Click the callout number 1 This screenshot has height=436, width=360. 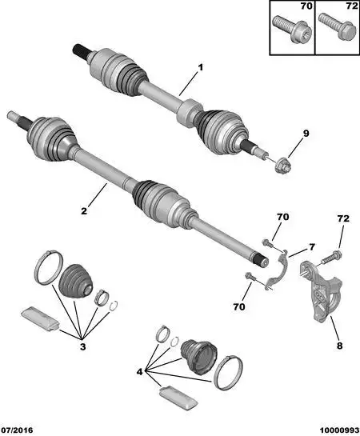201,67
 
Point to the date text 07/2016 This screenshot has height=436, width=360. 18,429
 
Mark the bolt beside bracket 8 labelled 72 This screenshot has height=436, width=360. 334,257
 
